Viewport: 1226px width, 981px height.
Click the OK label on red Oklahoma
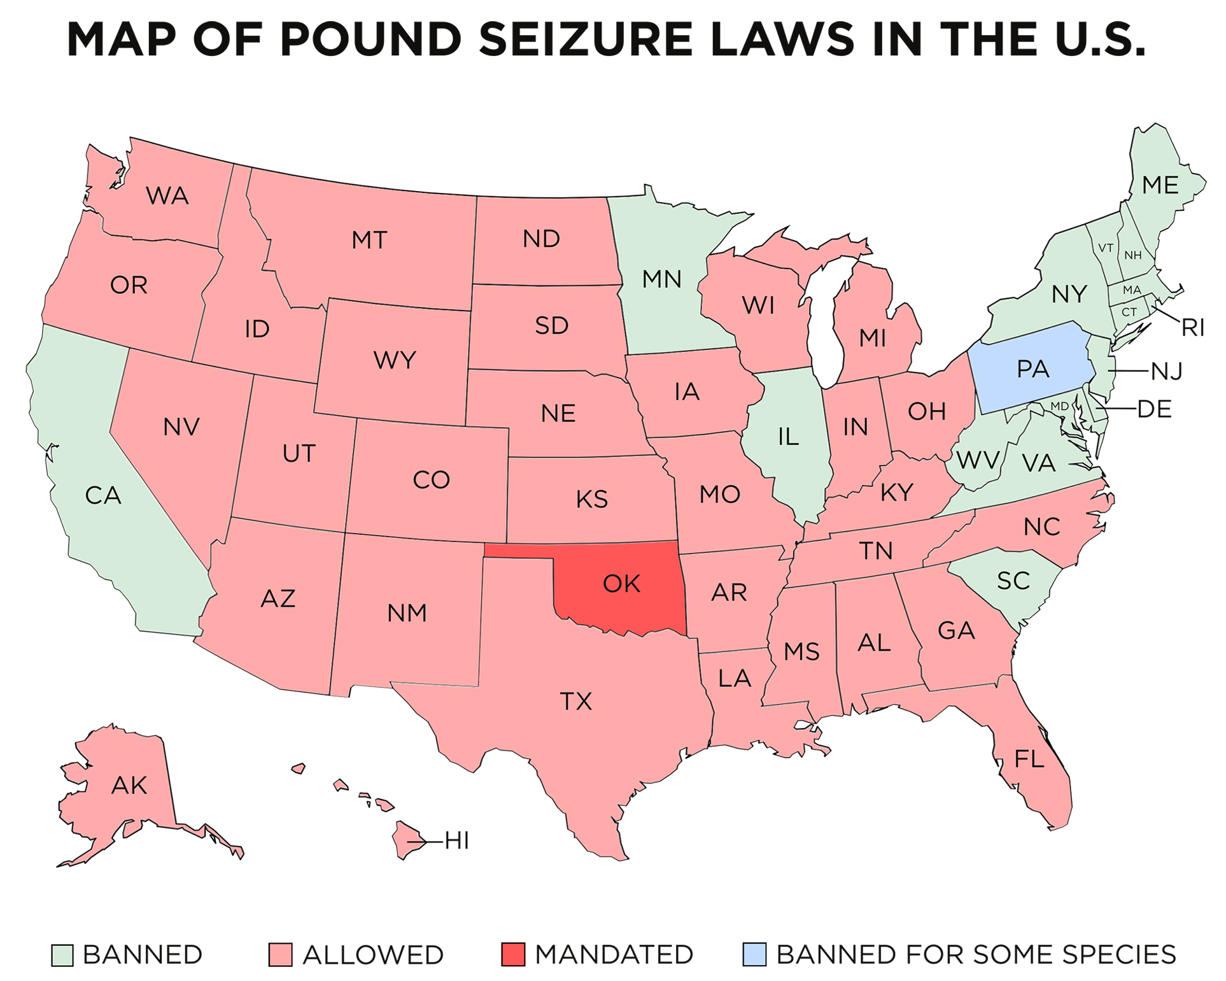621,583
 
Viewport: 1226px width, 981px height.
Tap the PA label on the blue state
1032,369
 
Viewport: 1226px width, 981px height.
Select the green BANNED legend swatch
62,955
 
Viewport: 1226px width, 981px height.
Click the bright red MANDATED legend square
513,955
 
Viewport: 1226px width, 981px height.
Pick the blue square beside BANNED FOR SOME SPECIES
754,955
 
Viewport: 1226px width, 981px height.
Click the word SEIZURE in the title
585,39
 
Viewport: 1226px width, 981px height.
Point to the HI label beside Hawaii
456,841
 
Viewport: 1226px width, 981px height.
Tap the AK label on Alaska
129,786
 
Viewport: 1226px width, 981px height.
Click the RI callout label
1192,328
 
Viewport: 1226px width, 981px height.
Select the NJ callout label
1166,371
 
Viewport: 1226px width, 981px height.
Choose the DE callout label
1154,409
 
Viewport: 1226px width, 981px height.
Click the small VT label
1105,248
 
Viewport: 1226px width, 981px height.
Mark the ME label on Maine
1160,185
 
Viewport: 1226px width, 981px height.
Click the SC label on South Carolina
1013,581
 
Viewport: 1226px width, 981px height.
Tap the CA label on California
103,495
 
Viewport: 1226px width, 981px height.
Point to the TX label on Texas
575,701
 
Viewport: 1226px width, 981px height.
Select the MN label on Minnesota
661,279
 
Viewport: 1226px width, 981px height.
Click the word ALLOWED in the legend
373,955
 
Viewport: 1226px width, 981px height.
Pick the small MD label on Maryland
1059,406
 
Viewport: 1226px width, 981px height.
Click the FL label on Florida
1029,758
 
